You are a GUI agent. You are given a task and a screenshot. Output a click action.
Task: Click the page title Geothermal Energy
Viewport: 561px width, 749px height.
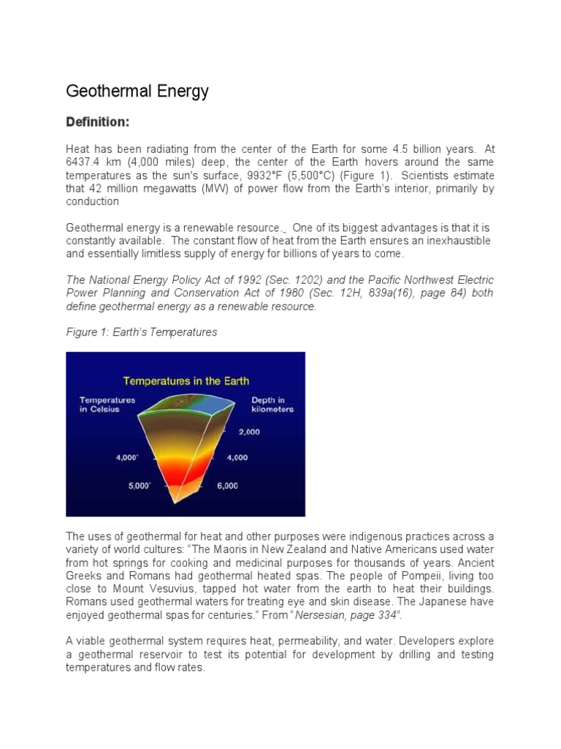(x=137, y=91)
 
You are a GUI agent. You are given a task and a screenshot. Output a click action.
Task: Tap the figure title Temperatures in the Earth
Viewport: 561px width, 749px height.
(x=186, y=380)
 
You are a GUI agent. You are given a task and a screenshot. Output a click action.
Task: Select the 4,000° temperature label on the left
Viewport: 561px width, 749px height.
(x=126, y=458)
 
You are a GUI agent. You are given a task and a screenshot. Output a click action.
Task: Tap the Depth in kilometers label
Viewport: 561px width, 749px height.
(x=272, y=404)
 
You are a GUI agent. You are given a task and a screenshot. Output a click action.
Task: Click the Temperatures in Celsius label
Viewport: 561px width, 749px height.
(x=107, y=404)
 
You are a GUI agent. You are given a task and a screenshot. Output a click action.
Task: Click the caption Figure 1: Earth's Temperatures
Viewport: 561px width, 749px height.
(x=142, y=332)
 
